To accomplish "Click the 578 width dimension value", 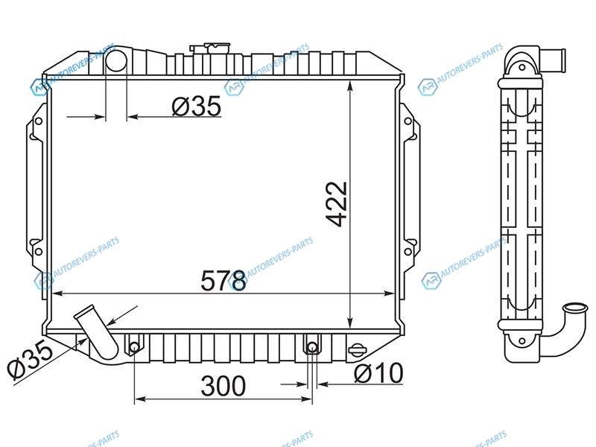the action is coord(223,281).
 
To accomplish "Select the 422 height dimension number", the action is coord(337,204).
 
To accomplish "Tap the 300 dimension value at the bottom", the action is coord(223,386).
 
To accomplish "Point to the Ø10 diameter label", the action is coord(378,373).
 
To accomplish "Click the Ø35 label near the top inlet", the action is coord(196,106).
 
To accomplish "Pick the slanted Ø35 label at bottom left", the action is coord(31,359).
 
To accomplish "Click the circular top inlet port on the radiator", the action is coord(115,61).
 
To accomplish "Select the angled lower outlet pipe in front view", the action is coord(97,332).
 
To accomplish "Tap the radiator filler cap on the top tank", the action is coord(210,48).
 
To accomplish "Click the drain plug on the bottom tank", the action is coord(357,349).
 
